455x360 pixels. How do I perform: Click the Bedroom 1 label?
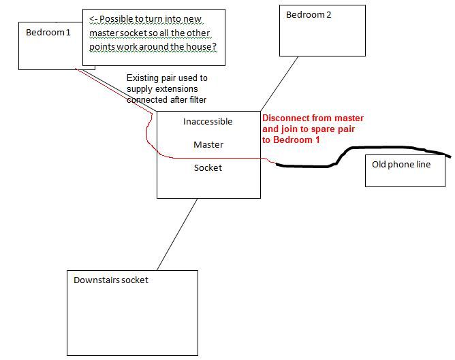pyautogui.click(x=48, y=32)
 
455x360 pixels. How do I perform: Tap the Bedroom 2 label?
pyautogui.click(x=309, y=15)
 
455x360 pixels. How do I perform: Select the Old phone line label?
pyautogui.click(x=401, y=165)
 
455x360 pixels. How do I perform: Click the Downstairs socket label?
pyautogui.click(x=111, y=280)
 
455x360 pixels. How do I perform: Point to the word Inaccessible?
pyautogui.click(x=208, y=121)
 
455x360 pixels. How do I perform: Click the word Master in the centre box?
pyautogui.click(x=208, y=145)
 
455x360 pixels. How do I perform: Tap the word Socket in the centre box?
pyautogui.click(x=208, y=168)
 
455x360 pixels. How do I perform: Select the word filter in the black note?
pyautogui.click(x=198, y=100)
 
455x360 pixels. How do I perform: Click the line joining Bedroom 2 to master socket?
pyautogui.click(x=279, y=84)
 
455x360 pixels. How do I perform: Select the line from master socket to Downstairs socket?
pyautogui.click(x=177, y=234)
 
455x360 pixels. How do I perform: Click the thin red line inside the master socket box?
pyautogui.click(x=208, y=158)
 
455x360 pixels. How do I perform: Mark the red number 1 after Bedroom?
pyautogui.click(x=317, y=140)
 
